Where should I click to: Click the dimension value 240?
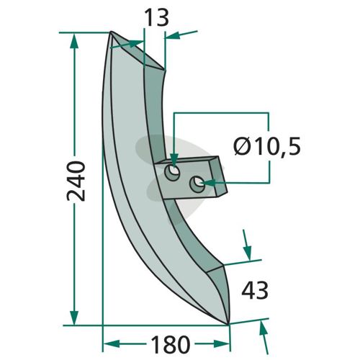coord(76,181)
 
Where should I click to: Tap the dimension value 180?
coord(171,344)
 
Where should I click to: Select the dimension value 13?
coord(157,17)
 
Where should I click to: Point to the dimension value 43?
coord(255,290)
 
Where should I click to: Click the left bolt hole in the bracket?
coord(172,173)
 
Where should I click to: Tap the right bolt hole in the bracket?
coord(197,184)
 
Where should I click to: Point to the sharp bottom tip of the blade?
coord(228,324)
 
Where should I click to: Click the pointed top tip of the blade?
coord(111,32)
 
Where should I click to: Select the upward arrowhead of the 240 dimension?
coord(74,41)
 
